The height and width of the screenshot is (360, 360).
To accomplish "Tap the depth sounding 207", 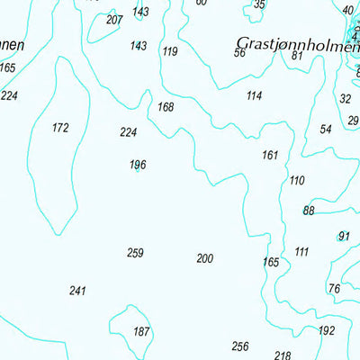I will coord(114,20).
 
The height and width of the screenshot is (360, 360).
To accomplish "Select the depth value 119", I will coord(170,51).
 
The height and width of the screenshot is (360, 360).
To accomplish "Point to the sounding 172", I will coord(60,128).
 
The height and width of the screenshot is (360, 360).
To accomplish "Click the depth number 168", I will coord(166,107).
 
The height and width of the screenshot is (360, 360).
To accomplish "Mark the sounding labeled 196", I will coord(138,165).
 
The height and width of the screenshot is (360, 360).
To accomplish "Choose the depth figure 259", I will coord(135,253).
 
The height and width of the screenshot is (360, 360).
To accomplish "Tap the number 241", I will coord(77,291).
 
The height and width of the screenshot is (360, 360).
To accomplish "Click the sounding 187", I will coord(141,332).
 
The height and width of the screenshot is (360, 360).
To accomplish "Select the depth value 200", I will coord(205,259).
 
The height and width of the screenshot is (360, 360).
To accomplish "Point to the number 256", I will coord(239,346).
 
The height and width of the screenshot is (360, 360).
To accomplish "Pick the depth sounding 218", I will coord(283,355).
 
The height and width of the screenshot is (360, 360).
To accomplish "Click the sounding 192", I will coord(327,330).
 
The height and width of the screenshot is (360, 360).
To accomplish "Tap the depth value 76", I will coord(334,288).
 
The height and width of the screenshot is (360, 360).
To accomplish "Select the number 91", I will coord(344,237).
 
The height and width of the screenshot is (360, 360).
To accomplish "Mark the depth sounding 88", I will coord(309,211).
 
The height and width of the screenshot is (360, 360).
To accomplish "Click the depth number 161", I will coord(270,156).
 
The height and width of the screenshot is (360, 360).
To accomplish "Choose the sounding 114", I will coord(254,95).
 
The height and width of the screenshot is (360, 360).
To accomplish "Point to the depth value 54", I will coord(326,130).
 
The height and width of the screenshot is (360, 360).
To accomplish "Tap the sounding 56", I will coord(239,52).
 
